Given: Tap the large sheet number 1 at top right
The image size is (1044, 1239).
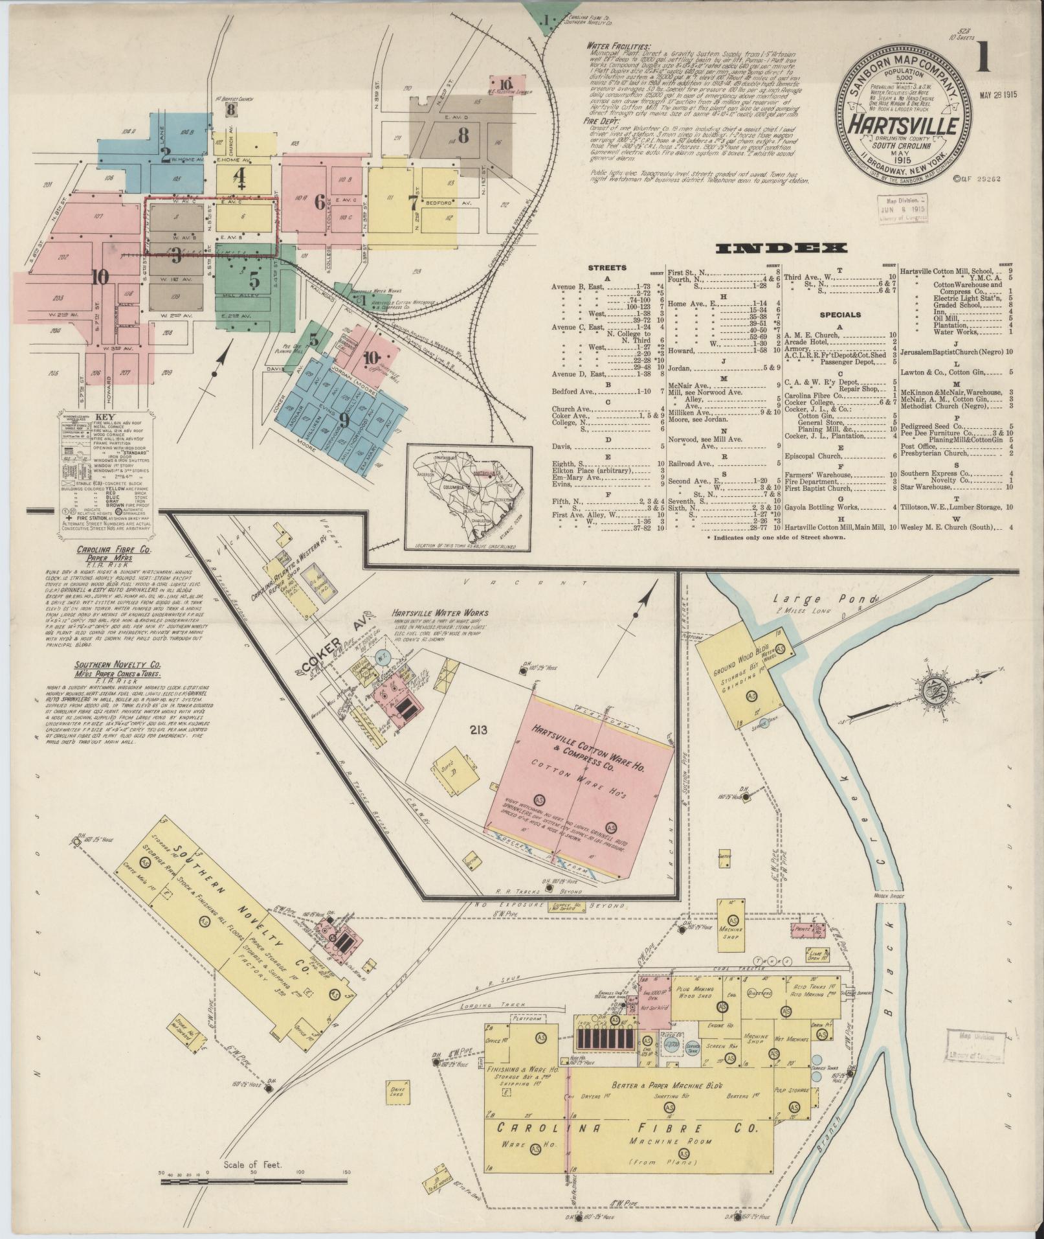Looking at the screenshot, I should (x=985, y=58).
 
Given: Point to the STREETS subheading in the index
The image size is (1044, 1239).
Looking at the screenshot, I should (x=607, y=267).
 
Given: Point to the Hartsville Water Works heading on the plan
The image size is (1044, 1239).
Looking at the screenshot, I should (x=440, y=613).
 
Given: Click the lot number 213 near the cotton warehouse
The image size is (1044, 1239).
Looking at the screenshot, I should (x=479, y=730).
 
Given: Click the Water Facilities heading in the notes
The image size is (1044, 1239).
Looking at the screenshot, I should (x=619, y=47).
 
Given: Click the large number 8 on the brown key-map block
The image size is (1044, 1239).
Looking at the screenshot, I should (x=463, y=135).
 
